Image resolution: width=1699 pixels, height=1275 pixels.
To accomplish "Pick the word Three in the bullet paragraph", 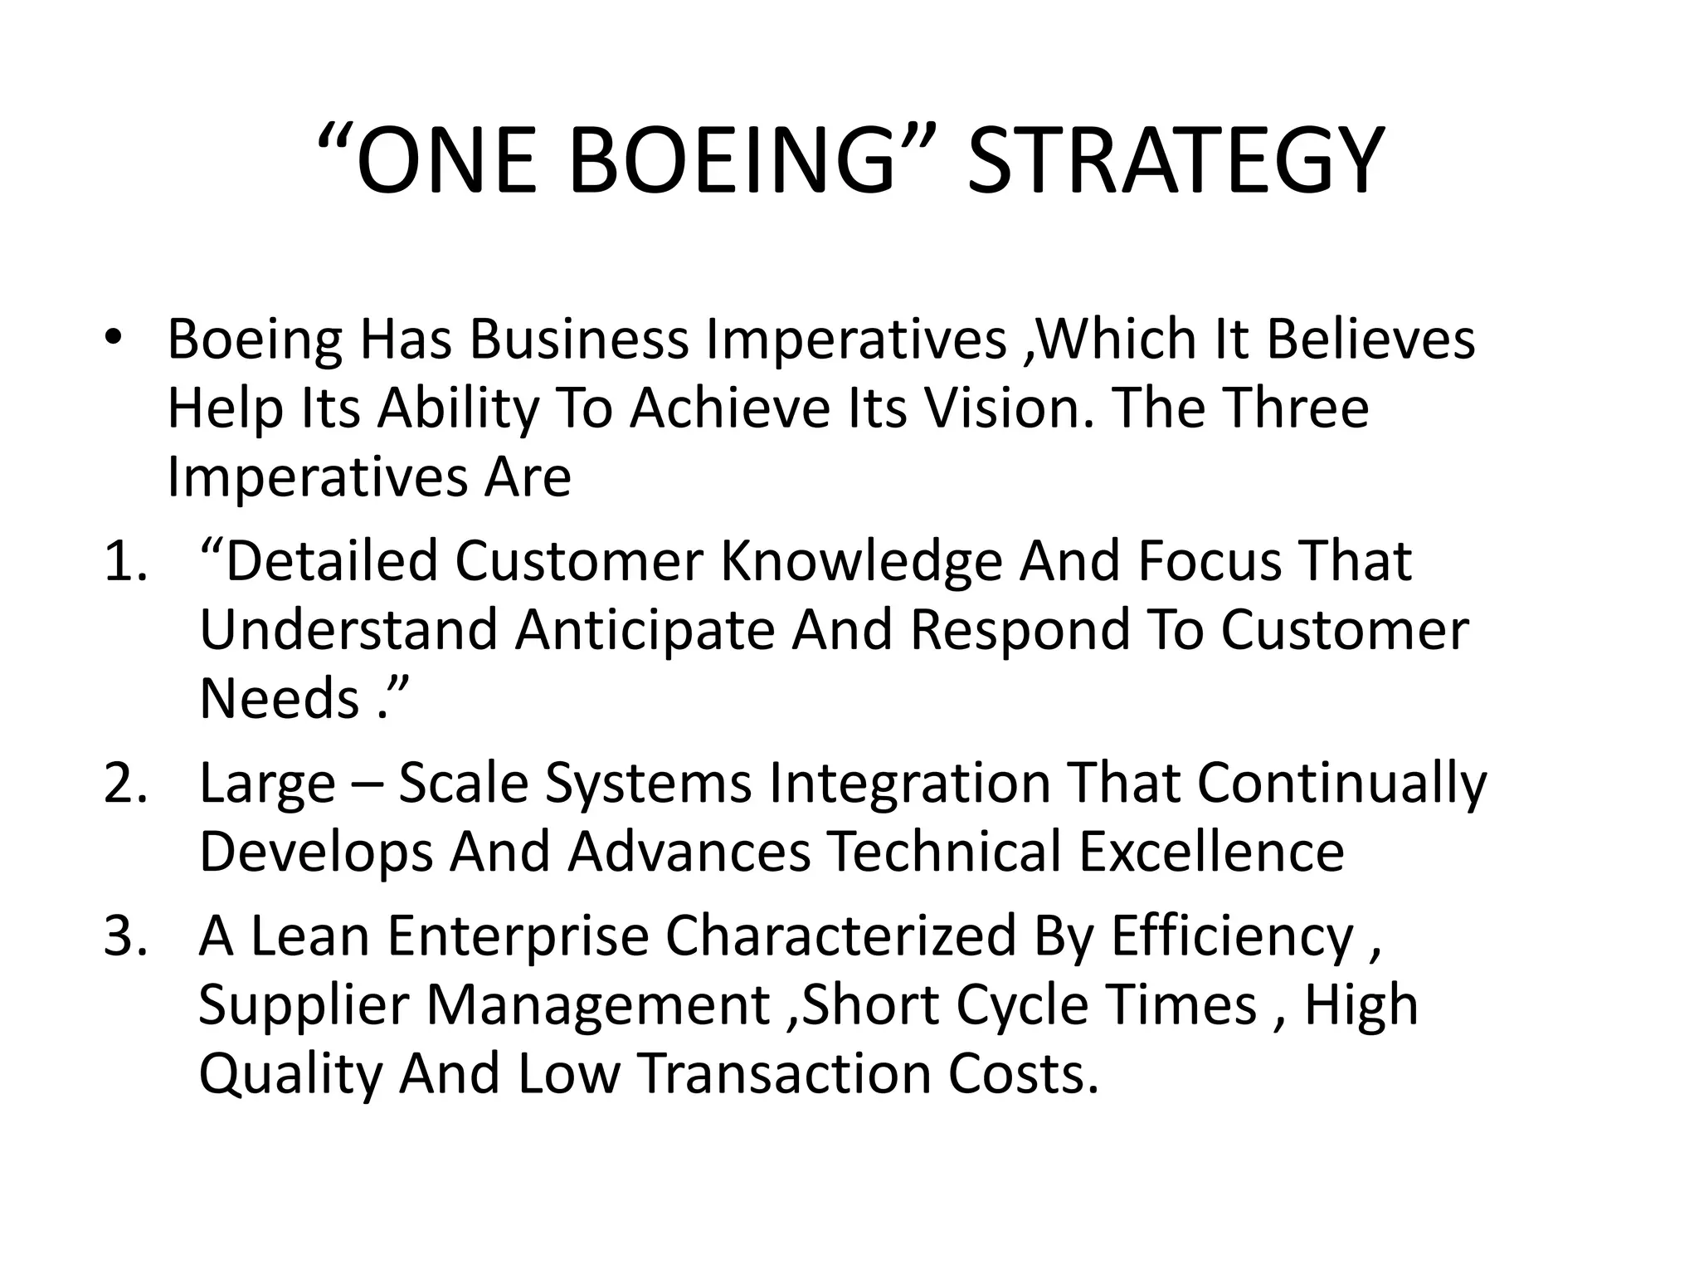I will point(1297,408).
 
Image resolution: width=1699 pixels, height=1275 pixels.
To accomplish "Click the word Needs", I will point(279,698).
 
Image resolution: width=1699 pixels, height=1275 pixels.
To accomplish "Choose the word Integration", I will point(910,783).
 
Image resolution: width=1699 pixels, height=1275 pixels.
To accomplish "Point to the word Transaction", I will point(785,1074).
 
